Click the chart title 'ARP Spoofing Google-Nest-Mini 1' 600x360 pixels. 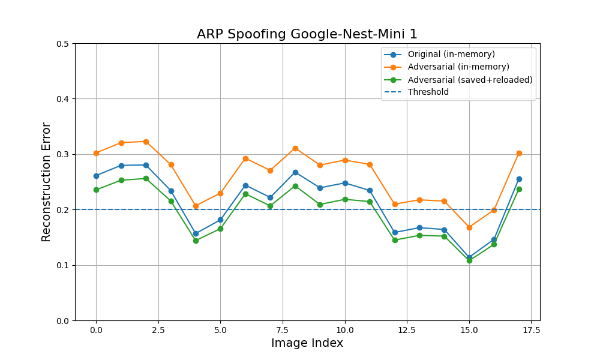(x=307, y=34)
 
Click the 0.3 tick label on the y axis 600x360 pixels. (x=63, y=155)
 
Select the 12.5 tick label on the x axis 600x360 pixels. (x=407, y=330)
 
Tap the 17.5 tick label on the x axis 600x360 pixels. (x=531, y=330)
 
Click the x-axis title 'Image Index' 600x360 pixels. (x=307, y=343)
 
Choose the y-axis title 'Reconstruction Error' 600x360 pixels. (x=46, y=182)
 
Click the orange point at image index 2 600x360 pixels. (x=146, y=142)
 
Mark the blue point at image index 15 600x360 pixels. (x=469, y=257)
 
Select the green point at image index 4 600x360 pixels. (x=196, y=241)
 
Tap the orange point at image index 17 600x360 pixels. (x=519, y=154)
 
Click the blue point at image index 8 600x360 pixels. (x=295, y=173)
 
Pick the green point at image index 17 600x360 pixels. (x=519, y=189)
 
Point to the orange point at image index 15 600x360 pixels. (x=469, y=227)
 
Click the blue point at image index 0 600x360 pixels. (x=96, y=176)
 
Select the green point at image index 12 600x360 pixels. (x=395, y=240)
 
